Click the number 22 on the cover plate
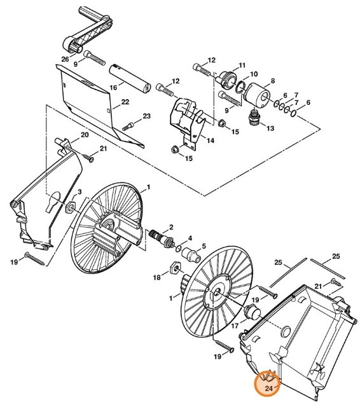[125, 102]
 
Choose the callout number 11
[241, 65]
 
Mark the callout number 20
[84, 136]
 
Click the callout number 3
[80, 191]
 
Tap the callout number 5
[204, 246]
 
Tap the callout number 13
[270, 128]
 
